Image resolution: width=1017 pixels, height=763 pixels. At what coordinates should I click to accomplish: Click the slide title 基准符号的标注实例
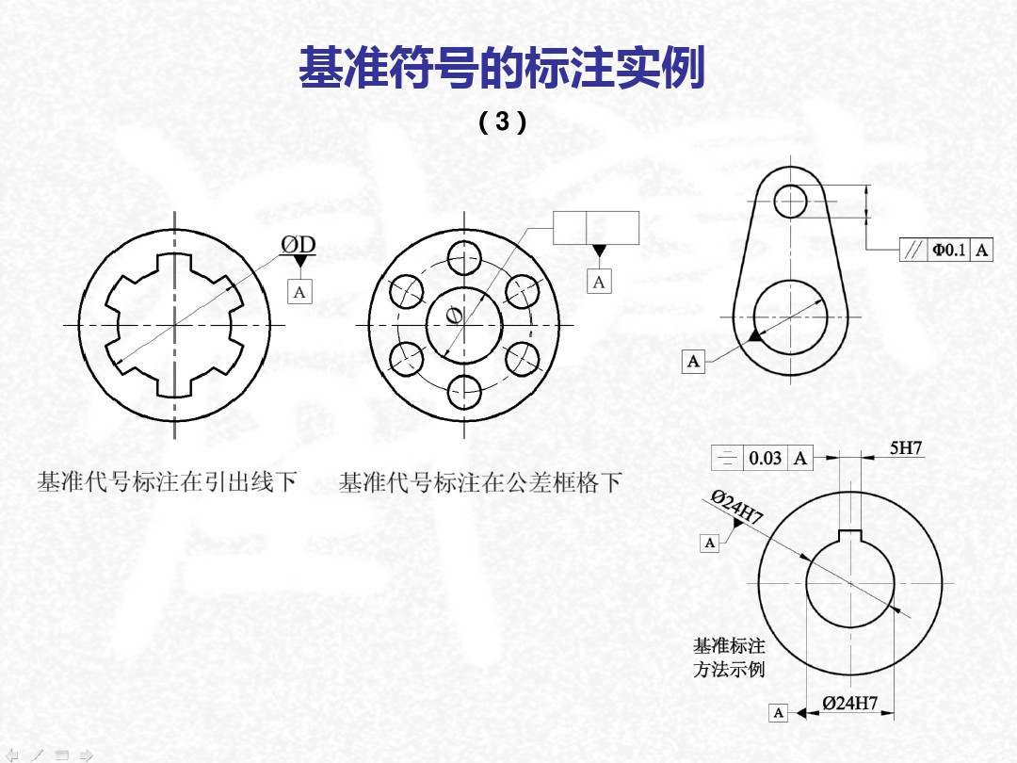[501, 70]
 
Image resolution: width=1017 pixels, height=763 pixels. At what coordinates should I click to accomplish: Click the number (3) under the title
[502, 122]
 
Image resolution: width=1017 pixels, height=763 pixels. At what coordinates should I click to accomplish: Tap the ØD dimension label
[298, 245]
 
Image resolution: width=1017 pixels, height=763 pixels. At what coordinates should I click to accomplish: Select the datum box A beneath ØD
[299, 292]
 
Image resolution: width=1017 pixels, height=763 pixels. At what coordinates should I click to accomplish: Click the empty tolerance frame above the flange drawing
[596, 228]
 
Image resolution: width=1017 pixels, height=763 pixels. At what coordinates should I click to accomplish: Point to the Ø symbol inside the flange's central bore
[455, 316]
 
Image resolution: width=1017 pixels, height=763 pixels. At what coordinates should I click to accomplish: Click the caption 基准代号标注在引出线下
[167, 483]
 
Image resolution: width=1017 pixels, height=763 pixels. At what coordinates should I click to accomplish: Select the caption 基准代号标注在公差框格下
[480, 483]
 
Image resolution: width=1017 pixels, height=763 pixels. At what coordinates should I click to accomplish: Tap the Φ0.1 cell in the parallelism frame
[948, 250]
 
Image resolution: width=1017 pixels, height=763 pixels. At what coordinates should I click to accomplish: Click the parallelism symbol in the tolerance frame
[912, 250]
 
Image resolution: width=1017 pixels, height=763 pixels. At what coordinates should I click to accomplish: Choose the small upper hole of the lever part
[791, 200]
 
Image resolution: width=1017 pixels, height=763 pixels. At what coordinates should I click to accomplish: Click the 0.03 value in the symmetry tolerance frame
[765, 459]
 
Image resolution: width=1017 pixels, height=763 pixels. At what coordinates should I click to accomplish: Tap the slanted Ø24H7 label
[736, 508]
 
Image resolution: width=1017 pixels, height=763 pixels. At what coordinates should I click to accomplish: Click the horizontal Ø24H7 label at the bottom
[849, 704]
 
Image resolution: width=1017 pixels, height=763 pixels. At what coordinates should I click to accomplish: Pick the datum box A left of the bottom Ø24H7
[778, 713]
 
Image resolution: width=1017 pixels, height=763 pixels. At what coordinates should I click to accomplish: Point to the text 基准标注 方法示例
[729, 657]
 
